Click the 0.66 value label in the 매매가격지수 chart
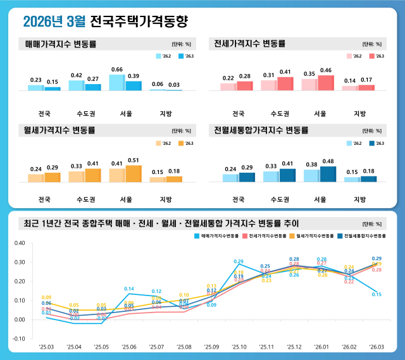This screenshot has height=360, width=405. pyautogui.click(x=116, y=70)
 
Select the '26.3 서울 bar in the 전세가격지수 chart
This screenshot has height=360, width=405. pyautogui.click(x=326, y=83)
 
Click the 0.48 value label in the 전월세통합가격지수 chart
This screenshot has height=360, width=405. pyautogui.click(x=328, y=161)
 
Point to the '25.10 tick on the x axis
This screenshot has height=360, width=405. pyautogui.click(x=239, y=347)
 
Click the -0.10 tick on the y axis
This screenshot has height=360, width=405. pyautogui.click(x=19, y=338)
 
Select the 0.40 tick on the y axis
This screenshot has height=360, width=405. pyautogui.click(x=19, y=243)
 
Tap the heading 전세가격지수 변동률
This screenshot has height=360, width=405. pyautogui.click(x=250, y=44)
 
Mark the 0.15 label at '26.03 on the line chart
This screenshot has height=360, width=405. pyautogui.click(x=377, y=294)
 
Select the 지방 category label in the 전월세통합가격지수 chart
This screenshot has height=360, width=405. pyautogui.click(x=359, y=199)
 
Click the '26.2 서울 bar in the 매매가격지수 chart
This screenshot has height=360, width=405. pyautogui.click(x=117, y=82)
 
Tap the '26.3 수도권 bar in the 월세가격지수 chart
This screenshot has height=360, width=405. pyautogui.click(x=93, y=175)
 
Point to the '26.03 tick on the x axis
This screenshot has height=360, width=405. pyautogui.click(x=377, y=347)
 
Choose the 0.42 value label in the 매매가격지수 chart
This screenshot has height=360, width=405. pyautogui.click(x=77, y=75)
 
